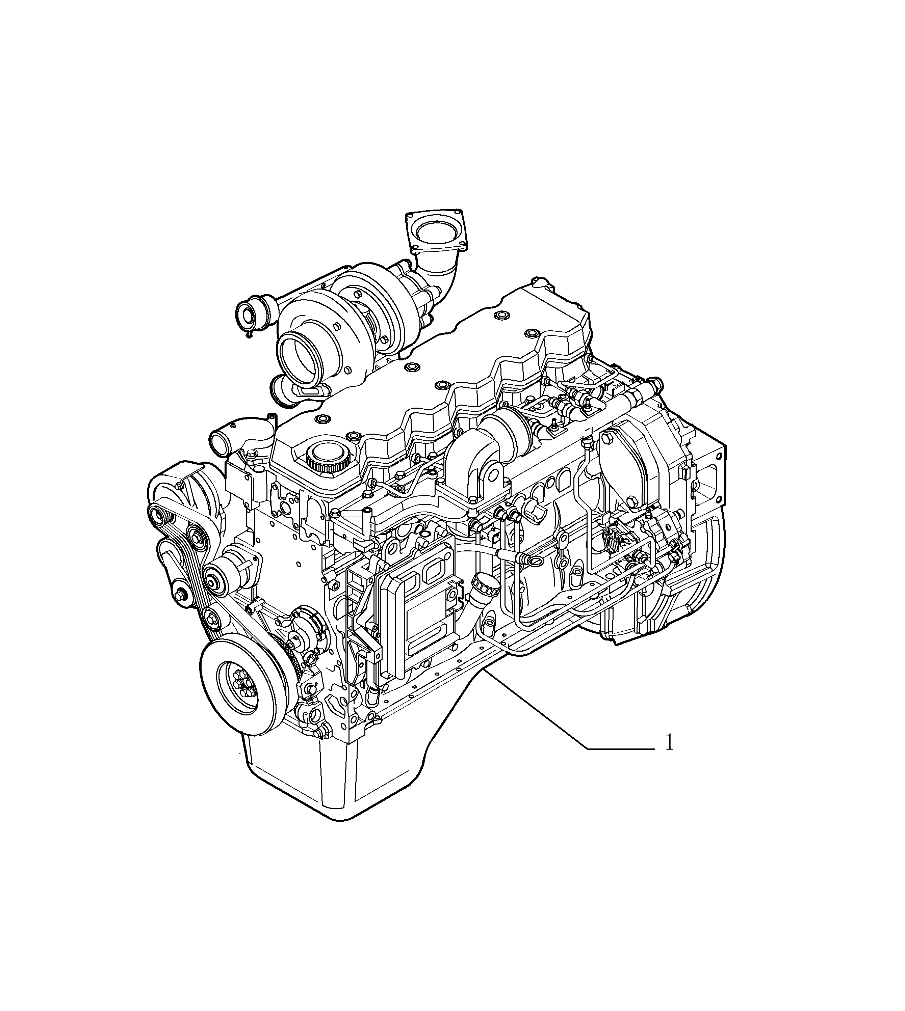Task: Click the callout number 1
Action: pyautogui.click(x=669, y=757)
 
